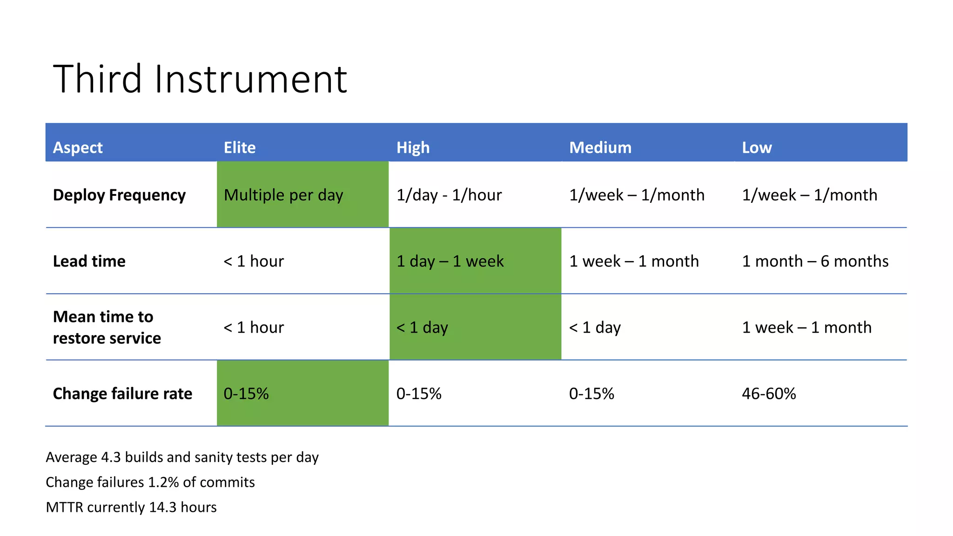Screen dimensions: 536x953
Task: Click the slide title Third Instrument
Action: (x=200, y=79)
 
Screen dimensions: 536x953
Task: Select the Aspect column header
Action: (x=78, y=147)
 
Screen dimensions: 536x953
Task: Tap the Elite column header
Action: (x=240, y=147)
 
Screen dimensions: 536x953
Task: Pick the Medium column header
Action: (x=600, y=147)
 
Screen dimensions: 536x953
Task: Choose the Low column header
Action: (x=757, y=147)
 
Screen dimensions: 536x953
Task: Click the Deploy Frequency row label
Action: (x=119, y=195)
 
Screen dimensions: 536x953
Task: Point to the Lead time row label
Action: (x=89, y=261)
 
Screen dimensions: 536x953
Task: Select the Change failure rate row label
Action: (x=122, y=394)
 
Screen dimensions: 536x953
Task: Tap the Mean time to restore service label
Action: (x=107, y=327)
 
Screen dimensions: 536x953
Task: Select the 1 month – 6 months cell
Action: (x=815, y=261)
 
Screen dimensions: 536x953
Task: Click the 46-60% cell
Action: (x=769, y=394)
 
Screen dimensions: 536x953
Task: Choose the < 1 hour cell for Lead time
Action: (x=254, y=261)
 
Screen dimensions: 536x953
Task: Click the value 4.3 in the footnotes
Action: (x=111, y=457)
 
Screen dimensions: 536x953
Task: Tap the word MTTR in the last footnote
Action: (x=64, y=507)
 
